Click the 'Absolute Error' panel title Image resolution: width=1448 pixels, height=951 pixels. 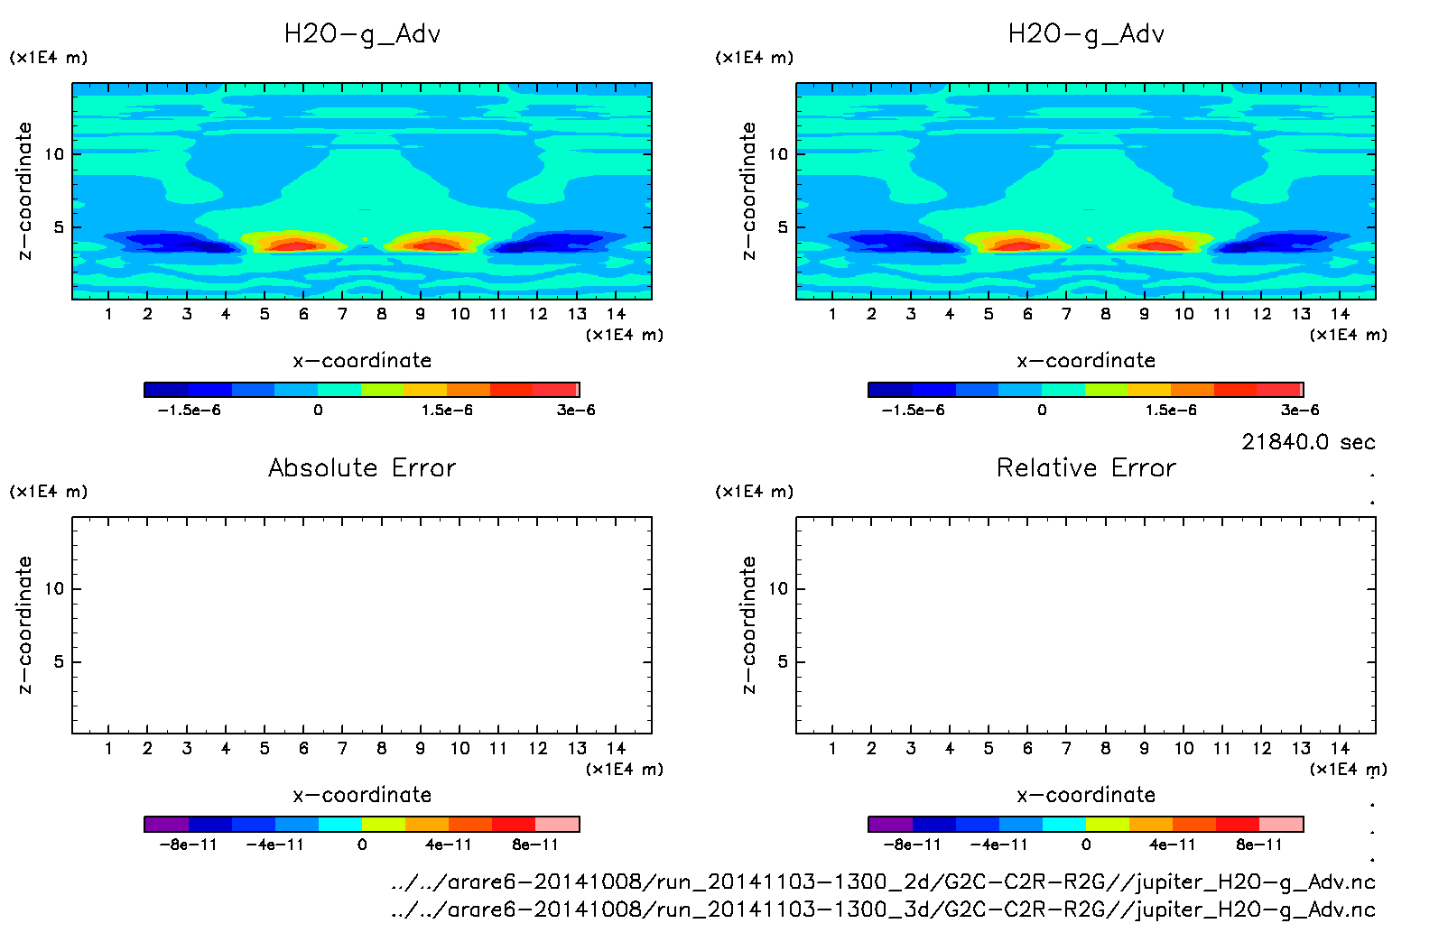point(362,467)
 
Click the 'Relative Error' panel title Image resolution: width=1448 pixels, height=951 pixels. point(1086,467)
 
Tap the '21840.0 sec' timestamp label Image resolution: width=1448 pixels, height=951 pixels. point(1308,442)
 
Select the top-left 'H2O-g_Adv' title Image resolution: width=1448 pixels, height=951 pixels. point(362,34)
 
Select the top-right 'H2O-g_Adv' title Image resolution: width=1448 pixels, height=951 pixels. point(1086,34)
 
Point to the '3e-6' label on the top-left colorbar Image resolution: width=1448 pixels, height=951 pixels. point(576,410)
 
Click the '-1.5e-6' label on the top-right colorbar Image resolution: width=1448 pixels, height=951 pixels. point(913,410)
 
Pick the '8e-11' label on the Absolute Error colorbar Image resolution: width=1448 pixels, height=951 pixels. point(535,845)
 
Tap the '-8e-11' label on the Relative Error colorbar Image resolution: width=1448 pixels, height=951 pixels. point(912,845)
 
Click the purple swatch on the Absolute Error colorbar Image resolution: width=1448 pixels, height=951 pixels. point(167,824)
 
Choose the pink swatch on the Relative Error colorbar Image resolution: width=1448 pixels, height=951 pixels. point(1281,824)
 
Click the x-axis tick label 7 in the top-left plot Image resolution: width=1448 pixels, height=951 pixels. point(342,314)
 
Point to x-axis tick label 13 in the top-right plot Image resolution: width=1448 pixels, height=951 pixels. point(1301,314)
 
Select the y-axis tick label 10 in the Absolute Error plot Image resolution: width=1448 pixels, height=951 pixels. point(55,589)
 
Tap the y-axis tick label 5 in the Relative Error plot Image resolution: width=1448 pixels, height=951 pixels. point(783,662)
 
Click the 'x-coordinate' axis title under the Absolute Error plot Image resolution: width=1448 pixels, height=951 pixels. point(362,795)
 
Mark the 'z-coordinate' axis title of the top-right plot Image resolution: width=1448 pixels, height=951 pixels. point(748,191)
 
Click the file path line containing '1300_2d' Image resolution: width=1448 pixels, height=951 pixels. point(883,882)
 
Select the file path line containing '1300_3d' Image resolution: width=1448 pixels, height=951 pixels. point(883,909)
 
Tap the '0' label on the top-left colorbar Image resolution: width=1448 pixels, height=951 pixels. point(318,410)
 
